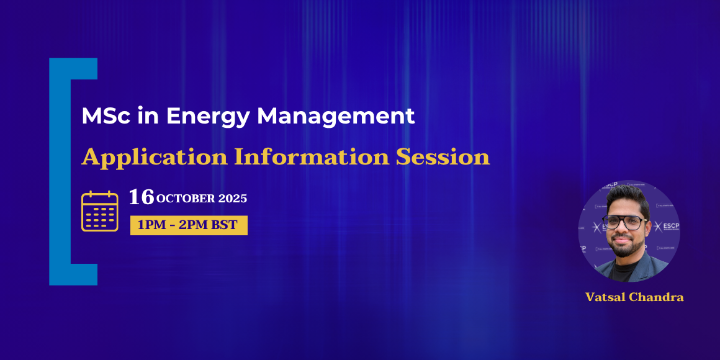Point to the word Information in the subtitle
tap(311, 157)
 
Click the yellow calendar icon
tap(100, 211)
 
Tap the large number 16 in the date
tap(142, 197)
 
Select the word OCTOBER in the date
tap(186, 199)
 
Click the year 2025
tap(233, 199)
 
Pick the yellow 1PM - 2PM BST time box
tap(189, 225)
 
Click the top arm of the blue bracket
tap(73, 68)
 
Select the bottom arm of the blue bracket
tap(73, 274)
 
